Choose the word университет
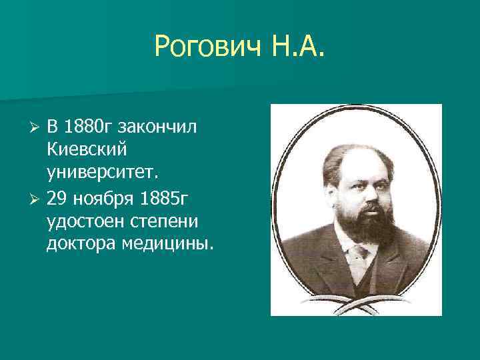tap(103, 174)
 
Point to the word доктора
tap(81, 244)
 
